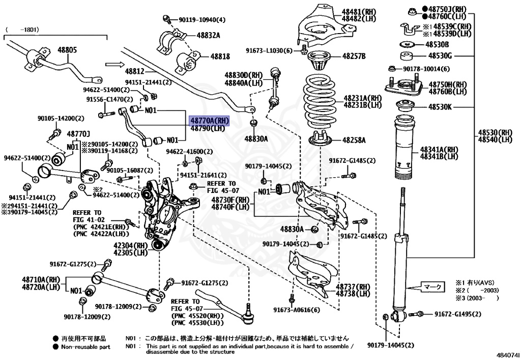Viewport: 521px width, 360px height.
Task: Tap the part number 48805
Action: point(67,50)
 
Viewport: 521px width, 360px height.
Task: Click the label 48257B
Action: point(354,56)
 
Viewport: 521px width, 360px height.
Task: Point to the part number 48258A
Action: point(354,140)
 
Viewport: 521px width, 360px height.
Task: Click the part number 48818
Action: point(220,57)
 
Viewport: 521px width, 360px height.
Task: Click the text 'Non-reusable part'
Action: point(85,347)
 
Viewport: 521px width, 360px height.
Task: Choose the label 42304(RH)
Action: point(130,245)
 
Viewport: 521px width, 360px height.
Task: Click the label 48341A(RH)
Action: point(439,150)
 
